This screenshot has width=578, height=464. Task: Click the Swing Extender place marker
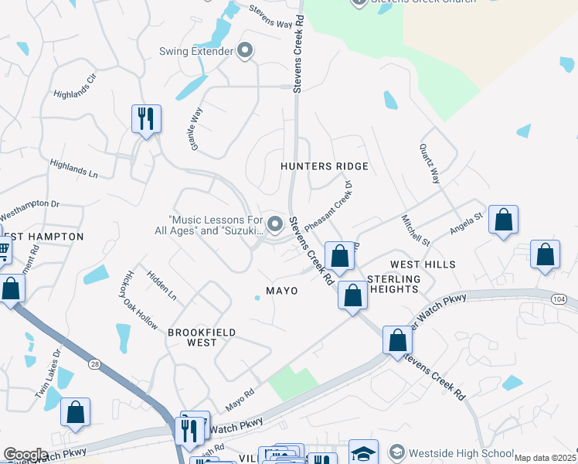click(x=246, y=52)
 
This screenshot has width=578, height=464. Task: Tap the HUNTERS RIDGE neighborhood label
click(x=325, y=166)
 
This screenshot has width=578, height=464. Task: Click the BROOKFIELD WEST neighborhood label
click(x=202, y=338)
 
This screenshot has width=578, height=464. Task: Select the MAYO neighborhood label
click(x=282, y=291)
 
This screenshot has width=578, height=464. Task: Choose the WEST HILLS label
click(x=423, y=264)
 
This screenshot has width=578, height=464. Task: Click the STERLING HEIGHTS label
click(x=393, y=284)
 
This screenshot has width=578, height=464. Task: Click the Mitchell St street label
click(x=410, y=228)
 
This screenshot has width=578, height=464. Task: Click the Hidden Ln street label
click(x=161, y=285)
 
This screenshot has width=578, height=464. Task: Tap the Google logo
click(x=25, y=455)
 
